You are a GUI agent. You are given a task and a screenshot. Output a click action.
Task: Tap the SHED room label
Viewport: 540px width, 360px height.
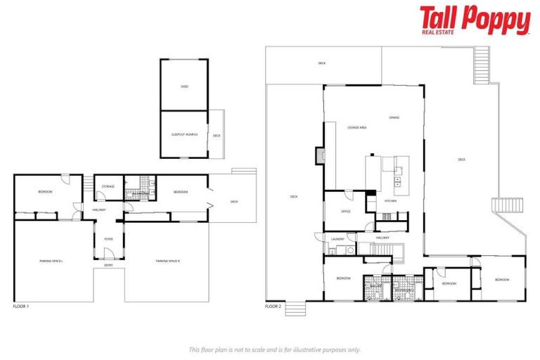point(184,87)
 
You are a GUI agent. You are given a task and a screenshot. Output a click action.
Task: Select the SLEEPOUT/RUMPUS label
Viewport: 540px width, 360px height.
point(184,134)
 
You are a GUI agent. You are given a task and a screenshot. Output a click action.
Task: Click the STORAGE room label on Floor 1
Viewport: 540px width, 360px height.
point(108,186)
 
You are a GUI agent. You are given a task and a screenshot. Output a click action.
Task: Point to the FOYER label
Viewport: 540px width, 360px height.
point(108,239)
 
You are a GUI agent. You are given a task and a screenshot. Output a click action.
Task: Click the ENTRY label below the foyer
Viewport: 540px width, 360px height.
point(108,265)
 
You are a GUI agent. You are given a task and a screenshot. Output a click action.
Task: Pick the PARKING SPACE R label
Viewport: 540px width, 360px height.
point(168,261)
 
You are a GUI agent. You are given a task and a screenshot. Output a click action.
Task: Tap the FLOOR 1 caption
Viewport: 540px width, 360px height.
point(21,307)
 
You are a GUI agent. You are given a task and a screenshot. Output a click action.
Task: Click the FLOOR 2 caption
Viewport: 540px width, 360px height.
point(273,307)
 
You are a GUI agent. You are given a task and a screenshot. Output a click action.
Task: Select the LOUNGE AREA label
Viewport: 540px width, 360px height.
point(357,128)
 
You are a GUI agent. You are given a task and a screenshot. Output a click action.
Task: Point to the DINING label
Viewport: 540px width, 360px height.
point(394,117)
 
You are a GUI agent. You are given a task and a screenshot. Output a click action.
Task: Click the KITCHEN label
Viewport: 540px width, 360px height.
point(390,201)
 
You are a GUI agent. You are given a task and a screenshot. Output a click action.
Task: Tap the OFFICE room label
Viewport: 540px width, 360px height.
point(346,211)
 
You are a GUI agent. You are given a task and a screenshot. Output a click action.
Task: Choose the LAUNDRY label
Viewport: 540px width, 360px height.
point(337,240)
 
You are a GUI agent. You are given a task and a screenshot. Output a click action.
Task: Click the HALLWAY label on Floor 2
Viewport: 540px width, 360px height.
point(382,238)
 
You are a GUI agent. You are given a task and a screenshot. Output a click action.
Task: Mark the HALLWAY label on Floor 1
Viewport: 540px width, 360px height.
point(98,210)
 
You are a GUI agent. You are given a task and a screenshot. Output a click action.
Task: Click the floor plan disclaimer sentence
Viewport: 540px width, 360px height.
point(274,349)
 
